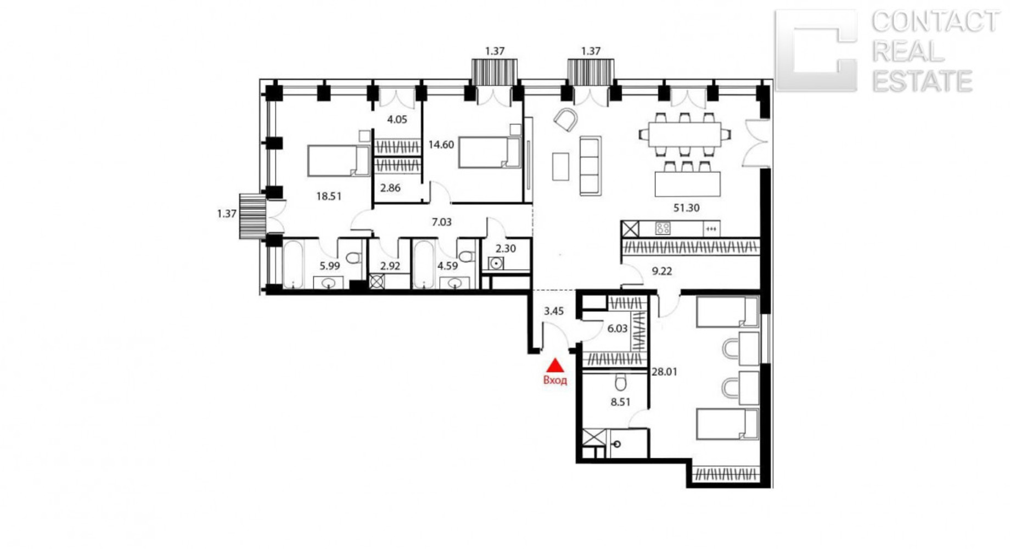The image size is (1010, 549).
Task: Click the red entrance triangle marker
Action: [x=555, y=366]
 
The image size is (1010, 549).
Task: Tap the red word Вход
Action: [x=555, y=380]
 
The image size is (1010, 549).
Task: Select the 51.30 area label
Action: [x=686, y=208]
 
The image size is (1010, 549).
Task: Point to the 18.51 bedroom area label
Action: [x=329, y=196]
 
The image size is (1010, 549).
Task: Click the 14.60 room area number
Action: [x=441, y=145]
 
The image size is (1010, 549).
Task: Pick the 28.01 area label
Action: [x=664, y=372]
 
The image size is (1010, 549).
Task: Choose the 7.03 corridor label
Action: [x=441, y=222]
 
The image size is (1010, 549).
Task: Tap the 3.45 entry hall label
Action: [x=553, y=311]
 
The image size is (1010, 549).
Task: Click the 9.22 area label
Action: [x=661, y=271]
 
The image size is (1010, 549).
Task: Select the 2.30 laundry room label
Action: [x=506, y=248]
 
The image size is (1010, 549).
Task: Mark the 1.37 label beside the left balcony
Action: [x=227, y=214]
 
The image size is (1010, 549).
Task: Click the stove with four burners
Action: [x=663, y=228]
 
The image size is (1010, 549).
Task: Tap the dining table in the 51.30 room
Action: [x=684, y=135]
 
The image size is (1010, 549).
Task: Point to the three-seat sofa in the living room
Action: [x=590, y=166]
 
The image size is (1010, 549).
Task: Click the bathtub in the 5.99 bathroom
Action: [x=293, y=265]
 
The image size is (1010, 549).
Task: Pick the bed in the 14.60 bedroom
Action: [x=489, y=153]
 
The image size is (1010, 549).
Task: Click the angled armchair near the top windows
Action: [x=565, y=120]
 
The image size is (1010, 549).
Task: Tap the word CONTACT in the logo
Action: [x=935, y=22]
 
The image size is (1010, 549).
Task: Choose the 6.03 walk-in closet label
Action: [x=617, y=329]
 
